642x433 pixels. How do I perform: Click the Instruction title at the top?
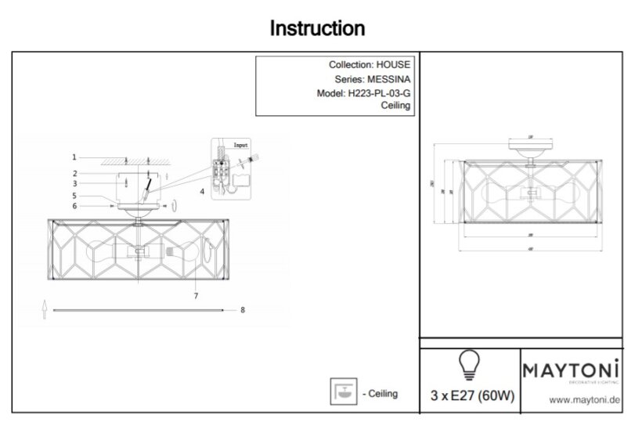(x=317, y=29)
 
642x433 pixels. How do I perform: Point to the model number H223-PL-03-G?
(x=377, y=93)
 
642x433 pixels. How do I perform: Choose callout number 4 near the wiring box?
(x=202, y=191)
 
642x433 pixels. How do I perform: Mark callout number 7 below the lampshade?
(x=196, y=296)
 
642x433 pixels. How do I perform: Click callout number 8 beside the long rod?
(x=243, y=310)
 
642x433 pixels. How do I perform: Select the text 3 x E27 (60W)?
(x=472, y=395)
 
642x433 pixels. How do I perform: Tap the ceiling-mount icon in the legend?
(x=341, y=392)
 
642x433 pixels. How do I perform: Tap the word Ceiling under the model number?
(x=395, y=106)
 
